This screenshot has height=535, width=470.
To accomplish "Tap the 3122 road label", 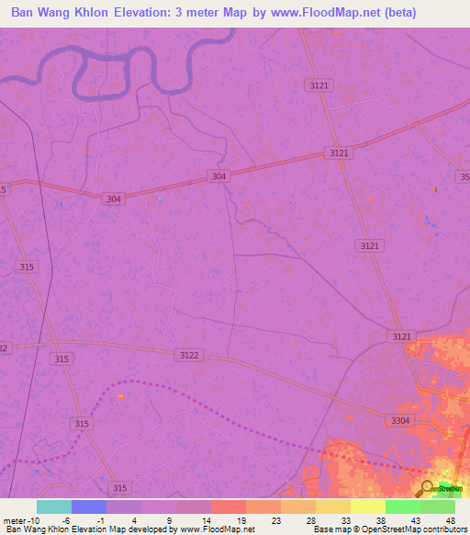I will pyautogui.click(x=188, y=355).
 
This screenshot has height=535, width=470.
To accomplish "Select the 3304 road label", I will pyautogui.click(x=400, y=420).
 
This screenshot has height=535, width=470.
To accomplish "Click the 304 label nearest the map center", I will pyautogui.click(x=218, y=176).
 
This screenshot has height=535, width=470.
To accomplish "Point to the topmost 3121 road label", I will pyautogui.click(x=319, y=85).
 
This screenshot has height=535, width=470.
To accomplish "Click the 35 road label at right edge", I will pyautogui.click(x=464, y=176).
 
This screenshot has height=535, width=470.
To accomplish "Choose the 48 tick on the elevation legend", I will pyautogui.click(x=451, y=519).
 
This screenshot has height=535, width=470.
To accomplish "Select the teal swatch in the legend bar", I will pyautogui.click(x=53, y=507).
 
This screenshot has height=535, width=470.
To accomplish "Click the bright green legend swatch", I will pyautogui.click(x=402, y=507).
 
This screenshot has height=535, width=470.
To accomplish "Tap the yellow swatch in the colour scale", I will pyautogui.click(x=367, y=507).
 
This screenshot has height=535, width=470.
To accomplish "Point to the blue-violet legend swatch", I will pyautogui.click(x=88, y=507).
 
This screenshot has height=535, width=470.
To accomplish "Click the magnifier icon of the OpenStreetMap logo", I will pyautogui.click(x=427, y=488).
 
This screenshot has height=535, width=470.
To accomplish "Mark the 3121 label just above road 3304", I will pyautogui.click(x=401, y=337).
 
